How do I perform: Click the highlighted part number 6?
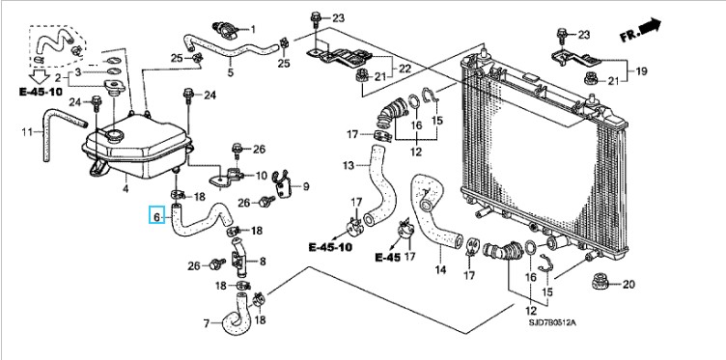click(x=156, y=216)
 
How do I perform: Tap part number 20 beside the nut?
click(x=628, y=284)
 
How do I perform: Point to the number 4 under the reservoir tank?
click(x=125, y=188)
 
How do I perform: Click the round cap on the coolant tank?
click(x=114, y=136)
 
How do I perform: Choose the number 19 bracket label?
click(x=641, y=71)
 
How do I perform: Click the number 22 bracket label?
click(x=405, y=68)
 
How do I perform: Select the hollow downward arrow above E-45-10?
click(x=40, y=76)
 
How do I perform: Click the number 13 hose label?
click(x=349, y=165)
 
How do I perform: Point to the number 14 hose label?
click(x=440, y=269)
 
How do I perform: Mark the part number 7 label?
click(x=207, y=323)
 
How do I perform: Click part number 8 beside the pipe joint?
click(x=263, y=262)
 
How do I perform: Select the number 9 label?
click(x=306, y=187)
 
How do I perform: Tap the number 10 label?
click(x=262, y=176)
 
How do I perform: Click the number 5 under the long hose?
click(x=231, y=72)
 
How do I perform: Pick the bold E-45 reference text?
click(x=387, y=258)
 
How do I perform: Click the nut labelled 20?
click(x=601, y=281)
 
